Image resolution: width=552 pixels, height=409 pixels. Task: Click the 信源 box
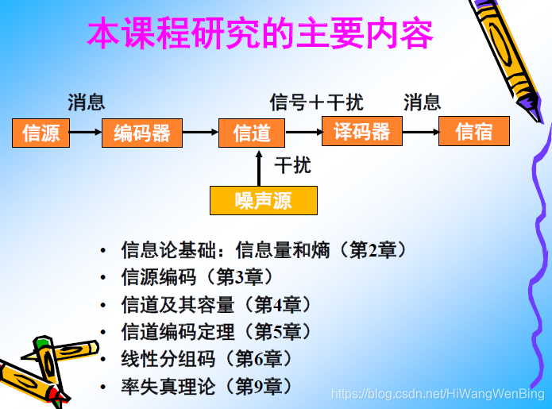(41, 133)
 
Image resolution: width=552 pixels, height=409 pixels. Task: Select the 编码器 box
(142, 133)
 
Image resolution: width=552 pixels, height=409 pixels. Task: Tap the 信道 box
(252, 133)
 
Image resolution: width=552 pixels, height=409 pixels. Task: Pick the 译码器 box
(361, 131)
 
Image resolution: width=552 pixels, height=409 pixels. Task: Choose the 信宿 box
(474, 131)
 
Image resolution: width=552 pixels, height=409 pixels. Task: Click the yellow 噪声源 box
(263, 200)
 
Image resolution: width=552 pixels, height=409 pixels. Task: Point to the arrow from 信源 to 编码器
(86, 133)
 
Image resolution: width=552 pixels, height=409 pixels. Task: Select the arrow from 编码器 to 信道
(200, 133)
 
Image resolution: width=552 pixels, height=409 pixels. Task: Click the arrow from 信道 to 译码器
(303, 132)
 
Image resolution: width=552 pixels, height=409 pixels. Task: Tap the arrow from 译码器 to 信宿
(419, 132)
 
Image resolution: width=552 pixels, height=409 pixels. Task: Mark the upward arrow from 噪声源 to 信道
(259, 167)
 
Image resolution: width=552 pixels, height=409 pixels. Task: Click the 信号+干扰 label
(316, 102)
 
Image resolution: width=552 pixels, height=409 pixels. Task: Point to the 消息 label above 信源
(87, 102)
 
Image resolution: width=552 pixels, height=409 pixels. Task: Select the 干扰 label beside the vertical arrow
(292, 166)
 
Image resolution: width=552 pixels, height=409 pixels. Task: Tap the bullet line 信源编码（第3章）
(197, 277)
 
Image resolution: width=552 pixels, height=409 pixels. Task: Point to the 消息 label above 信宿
(422, 102)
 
